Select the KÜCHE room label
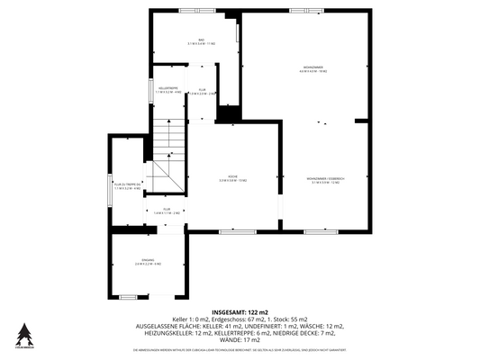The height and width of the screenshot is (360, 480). [232, 179]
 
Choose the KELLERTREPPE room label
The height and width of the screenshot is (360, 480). [168, 90]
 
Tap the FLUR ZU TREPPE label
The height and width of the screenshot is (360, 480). [127, 186]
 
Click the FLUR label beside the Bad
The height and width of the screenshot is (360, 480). [207, 92]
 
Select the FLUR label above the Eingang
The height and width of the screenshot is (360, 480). [166, 211]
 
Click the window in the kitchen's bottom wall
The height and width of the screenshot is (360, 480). [232, 232]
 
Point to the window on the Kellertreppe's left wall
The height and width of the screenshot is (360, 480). [149, 90]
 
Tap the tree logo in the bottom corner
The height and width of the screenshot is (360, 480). [23, 332]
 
